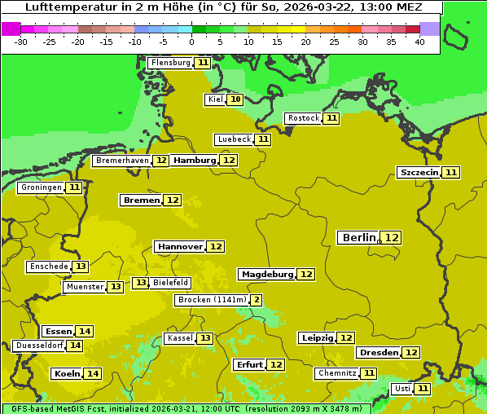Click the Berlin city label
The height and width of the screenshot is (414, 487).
tap(358, 237)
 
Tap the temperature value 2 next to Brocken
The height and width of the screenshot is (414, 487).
tap(256, 300)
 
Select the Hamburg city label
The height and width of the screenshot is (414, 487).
tap(194, 161)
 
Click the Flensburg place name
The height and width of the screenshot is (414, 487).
tap(170, 63)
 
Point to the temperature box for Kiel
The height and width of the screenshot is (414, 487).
tap(235, 99)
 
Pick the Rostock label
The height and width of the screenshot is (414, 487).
tap(303, 118)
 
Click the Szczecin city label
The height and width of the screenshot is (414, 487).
tap(419, 172)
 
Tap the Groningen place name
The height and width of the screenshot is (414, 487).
tap(41, 187)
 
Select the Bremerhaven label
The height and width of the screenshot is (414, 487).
tap(121, 161)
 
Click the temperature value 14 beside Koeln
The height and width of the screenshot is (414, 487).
tap(93, 373)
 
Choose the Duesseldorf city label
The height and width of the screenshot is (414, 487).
tap(38, 346)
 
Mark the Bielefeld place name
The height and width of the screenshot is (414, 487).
tap(170, 283)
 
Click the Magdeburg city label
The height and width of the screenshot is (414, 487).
tap(266, 274)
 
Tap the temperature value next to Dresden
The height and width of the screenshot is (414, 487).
tap(411, 352)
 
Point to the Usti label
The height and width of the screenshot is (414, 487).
tap(401, 389)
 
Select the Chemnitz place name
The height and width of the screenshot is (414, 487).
tap(337, 373)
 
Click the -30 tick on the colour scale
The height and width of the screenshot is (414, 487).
tap(21, 42)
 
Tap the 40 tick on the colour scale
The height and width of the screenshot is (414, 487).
tap(419, 42)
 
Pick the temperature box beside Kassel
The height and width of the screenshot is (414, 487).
tap(205, 338)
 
